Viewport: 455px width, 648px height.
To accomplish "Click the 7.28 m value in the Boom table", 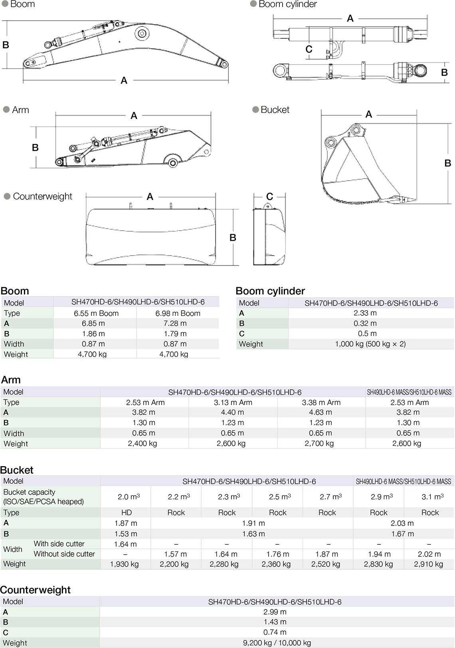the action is coord(175,323).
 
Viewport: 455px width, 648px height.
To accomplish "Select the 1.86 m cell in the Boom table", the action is coord(93,333).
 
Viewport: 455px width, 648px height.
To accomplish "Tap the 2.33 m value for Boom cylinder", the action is coord(365,313).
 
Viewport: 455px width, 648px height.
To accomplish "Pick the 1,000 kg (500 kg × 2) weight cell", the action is coord(370,344).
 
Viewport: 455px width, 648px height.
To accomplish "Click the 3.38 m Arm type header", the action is coord(321,402).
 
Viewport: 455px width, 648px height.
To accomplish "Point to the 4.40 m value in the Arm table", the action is coord(232,412).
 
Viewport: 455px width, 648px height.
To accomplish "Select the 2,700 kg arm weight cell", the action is coord(319,443).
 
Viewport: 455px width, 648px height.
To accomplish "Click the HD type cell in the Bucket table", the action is coord(127,512).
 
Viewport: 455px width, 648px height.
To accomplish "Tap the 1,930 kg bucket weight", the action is coord(124,564).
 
